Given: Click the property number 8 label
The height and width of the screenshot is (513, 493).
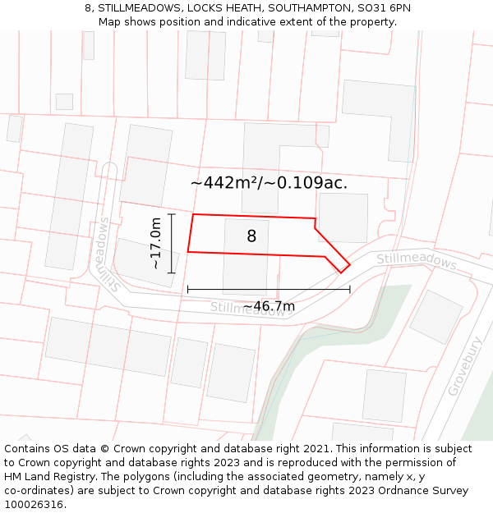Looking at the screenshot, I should [251, 236].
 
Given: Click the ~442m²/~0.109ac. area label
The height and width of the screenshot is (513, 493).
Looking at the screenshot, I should [269, 182].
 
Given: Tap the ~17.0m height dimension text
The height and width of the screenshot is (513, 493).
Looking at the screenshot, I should [155, 243].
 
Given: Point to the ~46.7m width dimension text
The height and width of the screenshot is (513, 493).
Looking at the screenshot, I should [269, 306].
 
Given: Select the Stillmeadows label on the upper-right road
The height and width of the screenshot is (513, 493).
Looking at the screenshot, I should [416, 261].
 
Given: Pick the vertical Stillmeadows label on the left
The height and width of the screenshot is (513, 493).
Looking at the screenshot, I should [106, 254].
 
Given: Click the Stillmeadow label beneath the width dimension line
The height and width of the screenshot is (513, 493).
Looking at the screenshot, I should [246, 309].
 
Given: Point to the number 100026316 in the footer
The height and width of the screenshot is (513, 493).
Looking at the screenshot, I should [34, 505].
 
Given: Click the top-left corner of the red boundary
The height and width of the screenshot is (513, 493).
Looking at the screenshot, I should [193, 215].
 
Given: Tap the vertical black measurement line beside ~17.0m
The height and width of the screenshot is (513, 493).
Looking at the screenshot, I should [172, 243].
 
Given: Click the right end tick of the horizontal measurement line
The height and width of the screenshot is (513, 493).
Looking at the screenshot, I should [350, 289].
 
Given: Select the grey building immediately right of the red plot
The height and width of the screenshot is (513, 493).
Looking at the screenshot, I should [343, 218].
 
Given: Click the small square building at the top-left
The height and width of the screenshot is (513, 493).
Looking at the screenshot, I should [64, 102].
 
